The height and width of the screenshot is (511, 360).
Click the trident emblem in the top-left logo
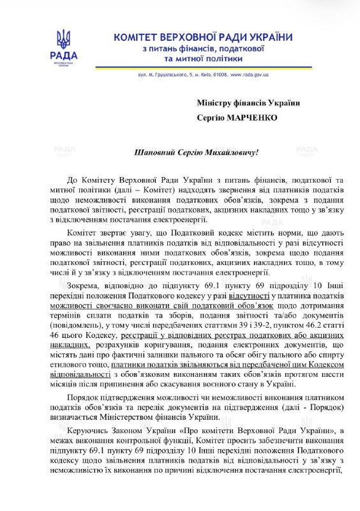click(63, 40)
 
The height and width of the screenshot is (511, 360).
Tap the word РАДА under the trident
click(63, 56)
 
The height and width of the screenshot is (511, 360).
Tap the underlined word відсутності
click(249, 298)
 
